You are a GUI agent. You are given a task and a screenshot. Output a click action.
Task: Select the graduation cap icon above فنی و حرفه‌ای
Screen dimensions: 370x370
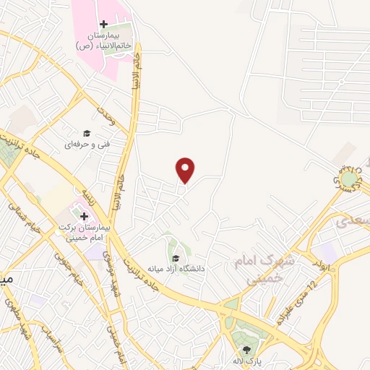pyautogui.click(x=87, y=133)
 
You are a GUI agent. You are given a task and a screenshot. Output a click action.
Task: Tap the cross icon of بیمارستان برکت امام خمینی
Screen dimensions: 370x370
pyautogui.click(x=83, y=216)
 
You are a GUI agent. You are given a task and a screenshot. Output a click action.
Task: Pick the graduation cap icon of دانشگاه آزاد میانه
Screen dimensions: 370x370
pyautogui.click(x=176, y=258)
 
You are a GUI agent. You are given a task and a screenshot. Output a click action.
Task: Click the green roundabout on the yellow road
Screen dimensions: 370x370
pyautogui.click(x=350, y=178)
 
